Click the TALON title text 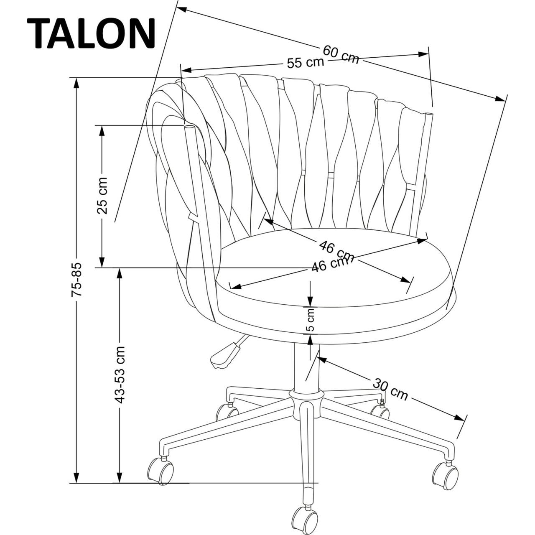(91, 33)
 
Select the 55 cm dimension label (306, 63)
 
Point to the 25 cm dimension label (102, 196)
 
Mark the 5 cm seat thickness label (311, 320)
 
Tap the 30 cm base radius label (390, 389)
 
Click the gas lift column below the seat (307, 367)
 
